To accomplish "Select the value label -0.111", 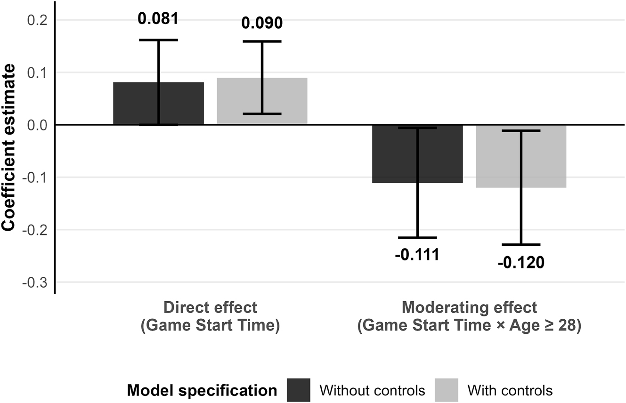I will pyautogui.click(x=417, y=255).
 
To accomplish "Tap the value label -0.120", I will pyautogui.click(x=521, y=262).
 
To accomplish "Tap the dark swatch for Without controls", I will pyautogui.click(x=298, y=390).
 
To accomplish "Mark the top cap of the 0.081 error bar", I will pyautogui.click(x=158, y=40).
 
